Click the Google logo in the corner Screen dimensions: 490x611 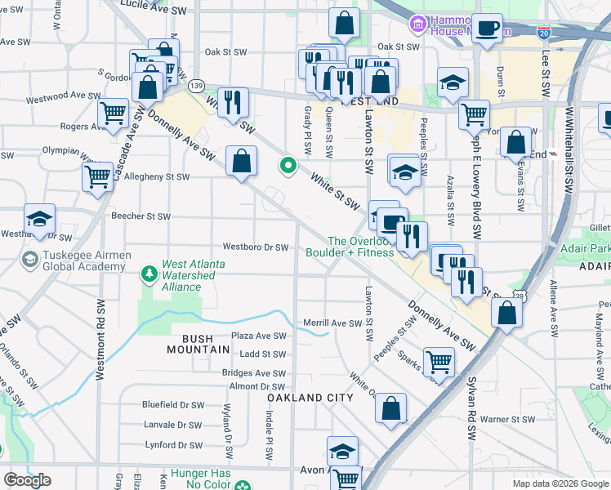pos(28,480)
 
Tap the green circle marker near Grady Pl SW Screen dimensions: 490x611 pos(288,167)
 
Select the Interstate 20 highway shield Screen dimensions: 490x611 pos(544,33)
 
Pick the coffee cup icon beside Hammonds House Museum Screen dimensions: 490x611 pos(488,29)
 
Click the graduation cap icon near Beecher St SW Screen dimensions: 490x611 pos(39,219)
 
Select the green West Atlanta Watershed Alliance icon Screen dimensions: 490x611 pos(149,274)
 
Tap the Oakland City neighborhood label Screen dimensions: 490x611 pos(310,398)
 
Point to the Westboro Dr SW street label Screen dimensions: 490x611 pos(256,247)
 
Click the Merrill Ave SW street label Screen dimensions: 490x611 pos(332,323)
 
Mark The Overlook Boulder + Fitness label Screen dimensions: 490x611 pos(363,247)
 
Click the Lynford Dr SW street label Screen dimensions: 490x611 pos(172,445)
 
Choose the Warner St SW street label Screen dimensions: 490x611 pos(506,420)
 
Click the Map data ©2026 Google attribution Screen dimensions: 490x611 pos(560,483)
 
